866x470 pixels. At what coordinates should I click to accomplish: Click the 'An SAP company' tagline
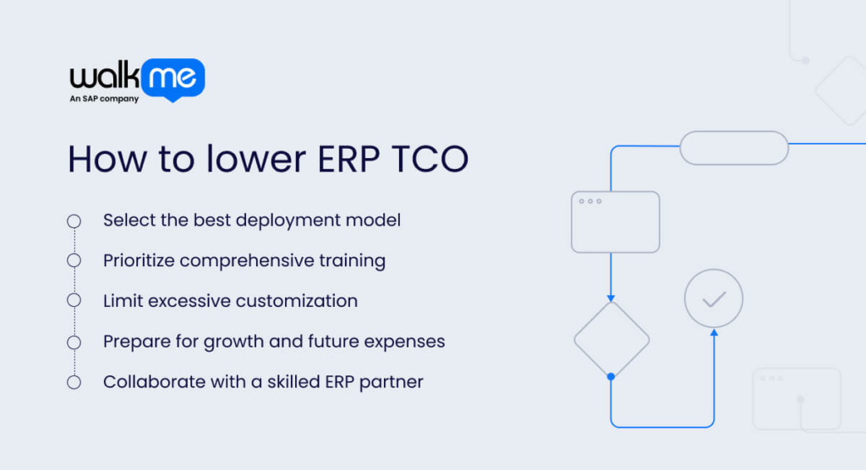[x=103, y=99]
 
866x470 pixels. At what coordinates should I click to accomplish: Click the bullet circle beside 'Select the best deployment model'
[x=74, y=221]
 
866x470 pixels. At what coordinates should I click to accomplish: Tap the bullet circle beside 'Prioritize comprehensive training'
[x=74, y=260]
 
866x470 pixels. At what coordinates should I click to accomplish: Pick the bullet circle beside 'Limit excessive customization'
[x=74, y=301]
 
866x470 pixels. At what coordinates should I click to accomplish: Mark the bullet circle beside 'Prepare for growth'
[x=74, y=342]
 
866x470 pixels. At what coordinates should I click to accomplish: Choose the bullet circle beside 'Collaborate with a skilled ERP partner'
[x=74, y=382]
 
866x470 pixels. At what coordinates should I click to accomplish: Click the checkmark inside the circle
[x=714, y=298]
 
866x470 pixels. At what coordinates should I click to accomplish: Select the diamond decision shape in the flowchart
[x=611, y=339]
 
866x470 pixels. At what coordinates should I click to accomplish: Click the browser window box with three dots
[x=615, y=221]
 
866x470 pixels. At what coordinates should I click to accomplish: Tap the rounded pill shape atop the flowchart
[x=734, y=148]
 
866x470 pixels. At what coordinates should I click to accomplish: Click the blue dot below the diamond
[x=611, y=376]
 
